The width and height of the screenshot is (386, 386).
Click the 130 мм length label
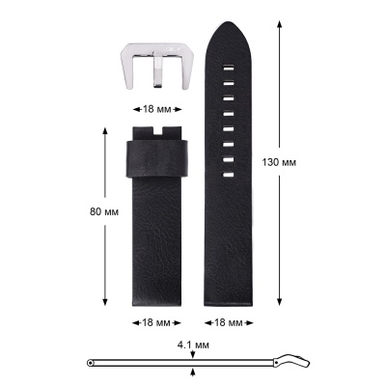tap(279, 162)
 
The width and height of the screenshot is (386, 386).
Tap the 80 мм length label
tap(104, 212)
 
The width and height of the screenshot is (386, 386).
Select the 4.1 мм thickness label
tap(193, 345)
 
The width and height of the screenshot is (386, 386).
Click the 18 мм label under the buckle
tap(157, 109)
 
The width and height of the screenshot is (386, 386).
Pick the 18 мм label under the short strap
tap(156, 322)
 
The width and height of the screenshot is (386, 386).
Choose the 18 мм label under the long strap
tap(229, 322)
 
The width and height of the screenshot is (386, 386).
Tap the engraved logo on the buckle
tap(174, 48)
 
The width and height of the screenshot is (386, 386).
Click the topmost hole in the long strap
tap(229, 69)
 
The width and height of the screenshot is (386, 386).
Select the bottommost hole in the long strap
tap(229, 175)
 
